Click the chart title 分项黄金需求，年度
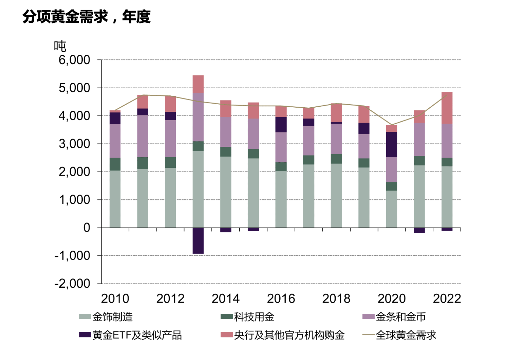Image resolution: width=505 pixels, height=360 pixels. [87, 16]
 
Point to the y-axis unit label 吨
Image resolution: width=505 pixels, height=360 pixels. [60, 46]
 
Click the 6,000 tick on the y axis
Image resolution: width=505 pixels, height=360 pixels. [74, 60]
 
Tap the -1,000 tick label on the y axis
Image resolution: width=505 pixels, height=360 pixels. [72, 256]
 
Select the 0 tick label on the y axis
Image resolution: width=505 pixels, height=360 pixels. [87, 228]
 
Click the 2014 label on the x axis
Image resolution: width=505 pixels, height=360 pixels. [226, 299]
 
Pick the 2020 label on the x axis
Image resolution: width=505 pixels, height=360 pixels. [392, 299]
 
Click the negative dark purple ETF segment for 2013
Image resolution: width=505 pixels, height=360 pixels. [198, 240]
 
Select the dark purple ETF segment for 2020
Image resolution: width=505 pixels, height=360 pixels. [392, 144]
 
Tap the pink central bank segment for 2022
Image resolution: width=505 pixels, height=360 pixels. [447, 108]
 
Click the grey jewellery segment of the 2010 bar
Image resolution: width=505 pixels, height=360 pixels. [115, 199]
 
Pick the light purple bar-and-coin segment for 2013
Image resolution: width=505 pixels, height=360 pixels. [198, 117]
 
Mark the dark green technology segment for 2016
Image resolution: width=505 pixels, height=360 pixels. [281, 167]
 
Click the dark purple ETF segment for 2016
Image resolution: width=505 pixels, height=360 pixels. [281, 125]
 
